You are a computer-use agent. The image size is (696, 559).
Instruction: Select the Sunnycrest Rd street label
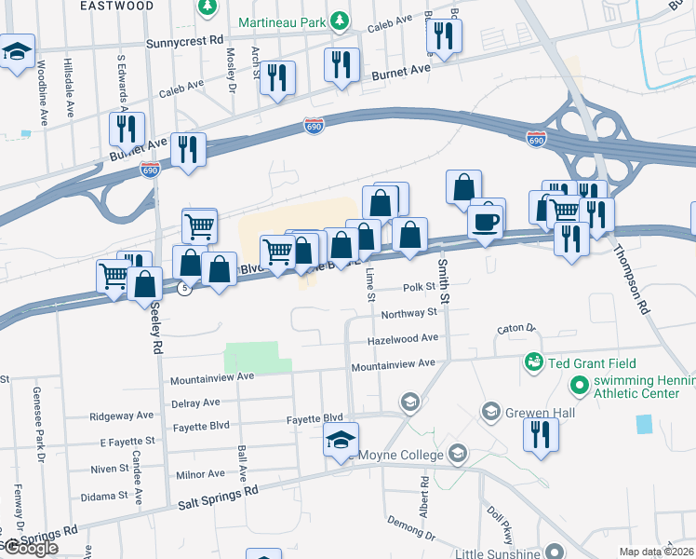point(186,43)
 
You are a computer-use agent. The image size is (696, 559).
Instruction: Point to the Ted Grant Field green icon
point(533,361)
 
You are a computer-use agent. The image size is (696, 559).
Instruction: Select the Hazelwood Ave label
point(403,339)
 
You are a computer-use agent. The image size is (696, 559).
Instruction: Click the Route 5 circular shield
point(185,290)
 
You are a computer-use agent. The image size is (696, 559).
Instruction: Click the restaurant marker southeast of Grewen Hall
point(541,434)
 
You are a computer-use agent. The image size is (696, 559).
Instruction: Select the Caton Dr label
point(517,329)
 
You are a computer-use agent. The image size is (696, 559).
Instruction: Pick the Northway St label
point(408,314)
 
